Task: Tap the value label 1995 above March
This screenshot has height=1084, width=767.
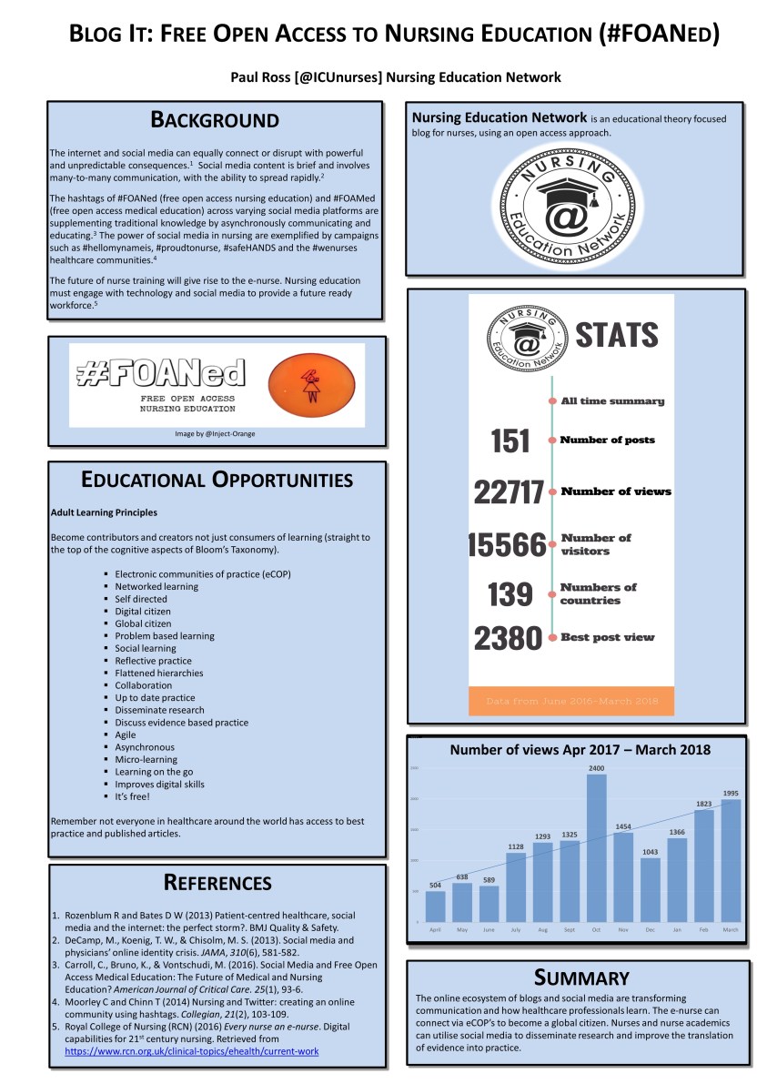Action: [732, 794]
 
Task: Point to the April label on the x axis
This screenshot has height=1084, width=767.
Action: [435, 929]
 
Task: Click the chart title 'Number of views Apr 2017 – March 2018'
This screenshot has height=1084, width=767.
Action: [580, 750]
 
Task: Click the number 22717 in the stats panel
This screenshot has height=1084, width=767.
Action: [509, 492]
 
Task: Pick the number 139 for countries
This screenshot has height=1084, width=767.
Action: [510, 594]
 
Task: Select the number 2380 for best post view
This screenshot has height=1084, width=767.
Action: [509, 638]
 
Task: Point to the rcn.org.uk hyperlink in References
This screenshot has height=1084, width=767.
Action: [191, 1051]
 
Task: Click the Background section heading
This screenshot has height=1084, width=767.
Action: [215, 119]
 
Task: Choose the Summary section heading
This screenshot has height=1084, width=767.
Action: [581, 978]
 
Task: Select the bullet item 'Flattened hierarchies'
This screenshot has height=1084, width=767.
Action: [158, 674]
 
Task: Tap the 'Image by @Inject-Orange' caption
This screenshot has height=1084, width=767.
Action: [216, 433]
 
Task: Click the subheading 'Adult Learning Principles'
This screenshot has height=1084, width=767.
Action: [104, 512]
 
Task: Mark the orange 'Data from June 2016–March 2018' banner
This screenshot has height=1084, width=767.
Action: [571, 702]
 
